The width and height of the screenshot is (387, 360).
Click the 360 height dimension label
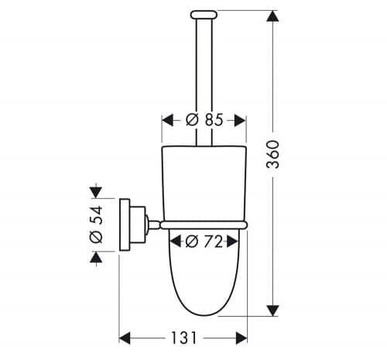273,154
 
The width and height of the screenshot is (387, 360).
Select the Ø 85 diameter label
204,120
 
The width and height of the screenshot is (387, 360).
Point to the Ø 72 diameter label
204,242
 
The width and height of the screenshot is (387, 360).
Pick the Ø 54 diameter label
96,225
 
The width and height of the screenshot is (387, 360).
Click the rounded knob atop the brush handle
204,15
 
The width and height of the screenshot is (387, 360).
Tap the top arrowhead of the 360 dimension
272,16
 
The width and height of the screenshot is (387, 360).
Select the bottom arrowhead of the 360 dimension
272,310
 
